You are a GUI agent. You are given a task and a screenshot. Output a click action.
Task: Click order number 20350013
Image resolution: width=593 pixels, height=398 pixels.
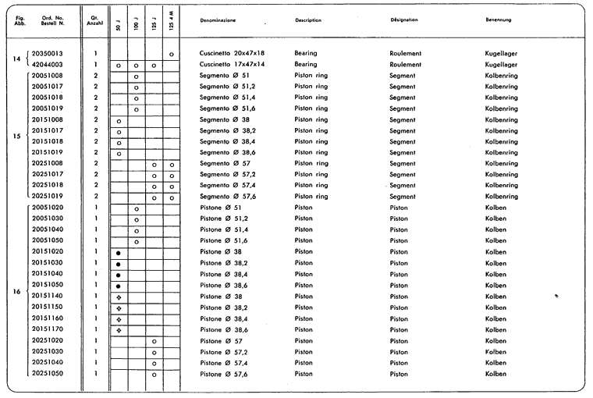click(48, 53)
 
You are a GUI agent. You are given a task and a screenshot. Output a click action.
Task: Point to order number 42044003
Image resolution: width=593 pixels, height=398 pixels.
click(48, 65)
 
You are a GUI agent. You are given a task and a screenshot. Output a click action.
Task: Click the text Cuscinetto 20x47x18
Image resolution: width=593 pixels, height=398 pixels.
click(243, 53)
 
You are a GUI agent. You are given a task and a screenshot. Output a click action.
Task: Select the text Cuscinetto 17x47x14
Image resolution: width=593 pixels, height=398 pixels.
click(243, 65)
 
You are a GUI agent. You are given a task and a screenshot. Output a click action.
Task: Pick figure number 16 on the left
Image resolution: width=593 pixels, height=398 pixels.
click(17, 291)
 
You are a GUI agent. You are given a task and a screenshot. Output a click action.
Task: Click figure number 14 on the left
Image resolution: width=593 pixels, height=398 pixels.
click(17, 59)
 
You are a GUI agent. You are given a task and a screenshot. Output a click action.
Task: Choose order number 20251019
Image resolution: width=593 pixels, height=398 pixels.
click(48, 197)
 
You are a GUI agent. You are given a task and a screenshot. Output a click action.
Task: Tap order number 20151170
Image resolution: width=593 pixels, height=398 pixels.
click(48, 329)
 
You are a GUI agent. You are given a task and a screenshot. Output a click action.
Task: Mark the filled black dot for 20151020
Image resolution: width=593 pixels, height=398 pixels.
click(118, 253)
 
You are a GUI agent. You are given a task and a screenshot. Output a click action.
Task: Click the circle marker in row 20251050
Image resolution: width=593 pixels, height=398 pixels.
click(154, 375)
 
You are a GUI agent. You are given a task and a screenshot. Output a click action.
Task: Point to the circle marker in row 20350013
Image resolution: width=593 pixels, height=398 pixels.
click(172, 54)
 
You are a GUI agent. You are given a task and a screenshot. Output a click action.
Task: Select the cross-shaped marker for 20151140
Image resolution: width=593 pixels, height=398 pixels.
click(118, 297)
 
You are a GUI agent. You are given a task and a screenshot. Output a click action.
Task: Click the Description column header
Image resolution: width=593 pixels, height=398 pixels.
click(308, 20)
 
